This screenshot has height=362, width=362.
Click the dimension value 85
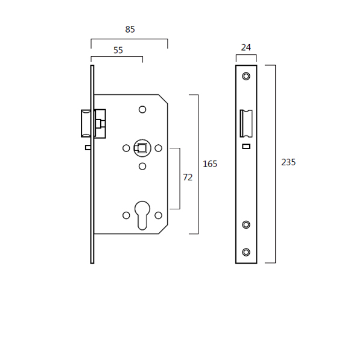pos(130,30)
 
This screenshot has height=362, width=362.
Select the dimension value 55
pos(118,50)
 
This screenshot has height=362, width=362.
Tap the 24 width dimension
pos(246,47)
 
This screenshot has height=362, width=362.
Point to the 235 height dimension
pos(288,162)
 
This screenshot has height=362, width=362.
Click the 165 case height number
pos(210,164)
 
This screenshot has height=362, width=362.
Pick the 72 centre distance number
pos(188,177)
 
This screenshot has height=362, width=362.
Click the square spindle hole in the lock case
pos(142,148)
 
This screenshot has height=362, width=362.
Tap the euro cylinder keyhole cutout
pos(142,215)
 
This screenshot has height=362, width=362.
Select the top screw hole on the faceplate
pos(246,76)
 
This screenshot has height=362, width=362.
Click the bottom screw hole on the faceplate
pos(246,252)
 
